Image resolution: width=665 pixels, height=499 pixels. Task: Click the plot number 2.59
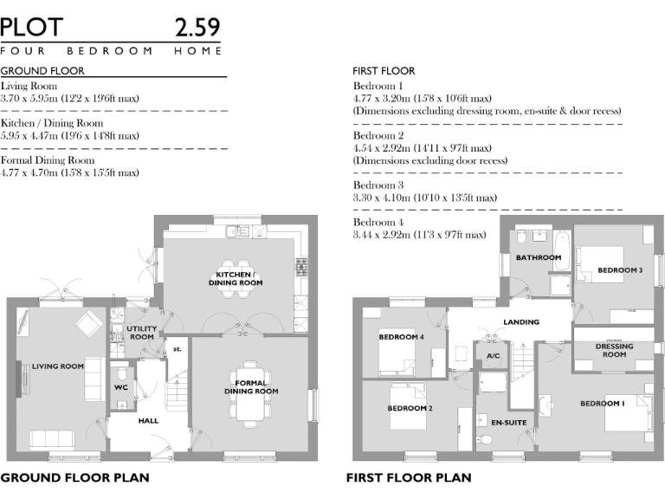tap(197, 28)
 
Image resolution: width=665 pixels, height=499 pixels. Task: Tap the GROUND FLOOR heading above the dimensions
tap(42, 71)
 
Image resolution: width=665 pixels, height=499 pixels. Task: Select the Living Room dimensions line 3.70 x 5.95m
tap(70, 99)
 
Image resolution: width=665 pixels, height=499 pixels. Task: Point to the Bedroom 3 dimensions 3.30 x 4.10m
tap(425, 198)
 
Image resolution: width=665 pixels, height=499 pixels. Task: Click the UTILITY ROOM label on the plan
tap(142, 333)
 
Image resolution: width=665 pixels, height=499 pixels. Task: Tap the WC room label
tap(121, 387)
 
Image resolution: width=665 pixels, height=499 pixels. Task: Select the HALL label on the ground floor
tap(148, 421)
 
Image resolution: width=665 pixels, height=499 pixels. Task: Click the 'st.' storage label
tap(178, 349)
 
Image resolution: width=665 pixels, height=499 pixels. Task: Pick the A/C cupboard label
tap(494, 356)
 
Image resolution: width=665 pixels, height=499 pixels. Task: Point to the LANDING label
tap(521, 322)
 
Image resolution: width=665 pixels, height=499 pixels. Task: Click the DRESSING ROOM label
tap(614, 350)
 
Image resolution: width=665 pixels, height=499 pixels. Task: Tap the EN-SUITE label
tap(509, 423)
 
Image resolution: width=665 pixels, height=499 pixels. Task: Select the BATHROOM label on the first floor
tap(539, 257)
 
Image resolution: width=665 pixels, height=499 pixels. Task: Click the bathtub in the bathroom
tap(562, 250)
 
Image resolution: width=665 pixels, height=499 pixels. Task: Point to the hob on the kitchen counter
tap(301, 267)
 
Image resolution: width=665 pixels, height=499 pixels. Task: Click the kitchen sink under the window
tap(237, 230)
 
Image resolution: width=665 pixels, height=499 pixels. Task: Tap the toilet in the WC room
tap(121, 373)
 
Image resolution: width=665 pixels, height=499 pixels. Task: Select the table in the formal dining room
tap(250, 393)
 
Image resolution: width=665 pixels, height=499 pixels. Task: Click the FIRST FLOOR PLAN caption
tap(409, 478)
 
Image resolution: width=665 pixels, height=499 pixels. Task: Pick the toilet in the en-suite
tap(485, 439)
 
